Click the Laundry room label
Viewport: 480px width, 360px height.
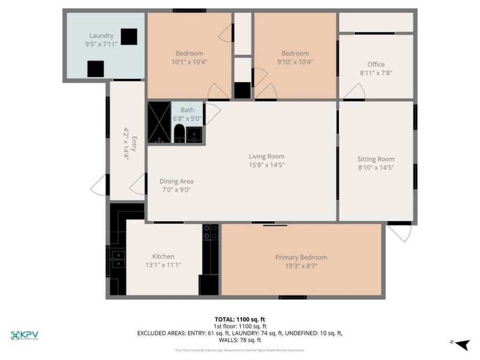(x=101, y=36)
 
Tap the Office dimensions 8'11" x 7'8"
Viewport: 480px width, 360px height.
(x=376, y=73)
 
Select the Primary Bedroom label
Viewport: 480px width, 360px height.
(x=301, y=257)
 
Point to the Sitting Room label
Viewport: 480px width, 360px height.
(x=376, y=159)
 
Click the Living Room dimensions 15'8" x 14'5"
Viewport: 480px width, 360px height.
(x=266, y=165)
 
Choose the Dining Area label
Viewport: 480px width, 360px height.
(x=176, y=181)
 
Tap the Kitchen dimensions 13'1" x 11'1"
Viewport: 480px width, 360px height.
(x=163, y=265)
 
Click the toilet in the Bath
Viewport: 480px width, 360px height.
(x=179, y=134)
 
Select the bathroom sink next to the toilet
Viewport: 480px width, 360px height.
(x=195, y=135)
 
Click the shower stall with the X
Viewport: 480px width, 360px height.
(x=159, y=122)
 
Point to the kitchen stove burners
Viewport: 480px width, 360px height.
(x=210, y=232)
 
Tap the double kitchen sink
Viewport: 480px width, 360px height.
(x=118, y=259)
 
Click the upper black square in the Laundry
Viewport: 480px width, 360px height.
(x=129, y=37)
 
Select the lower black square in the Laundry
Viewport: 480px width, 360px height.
(x=96, y=69)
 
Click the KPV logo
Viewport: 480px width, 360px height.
(x=24, y=335)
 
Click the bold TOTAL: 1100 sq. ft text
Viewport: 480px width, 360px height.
(x=240, y=319)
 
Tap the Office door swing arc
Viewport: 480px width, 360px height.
(x=354, y=91)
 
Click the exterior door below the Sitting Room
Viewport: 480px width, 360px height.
(x=399, y=232)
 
